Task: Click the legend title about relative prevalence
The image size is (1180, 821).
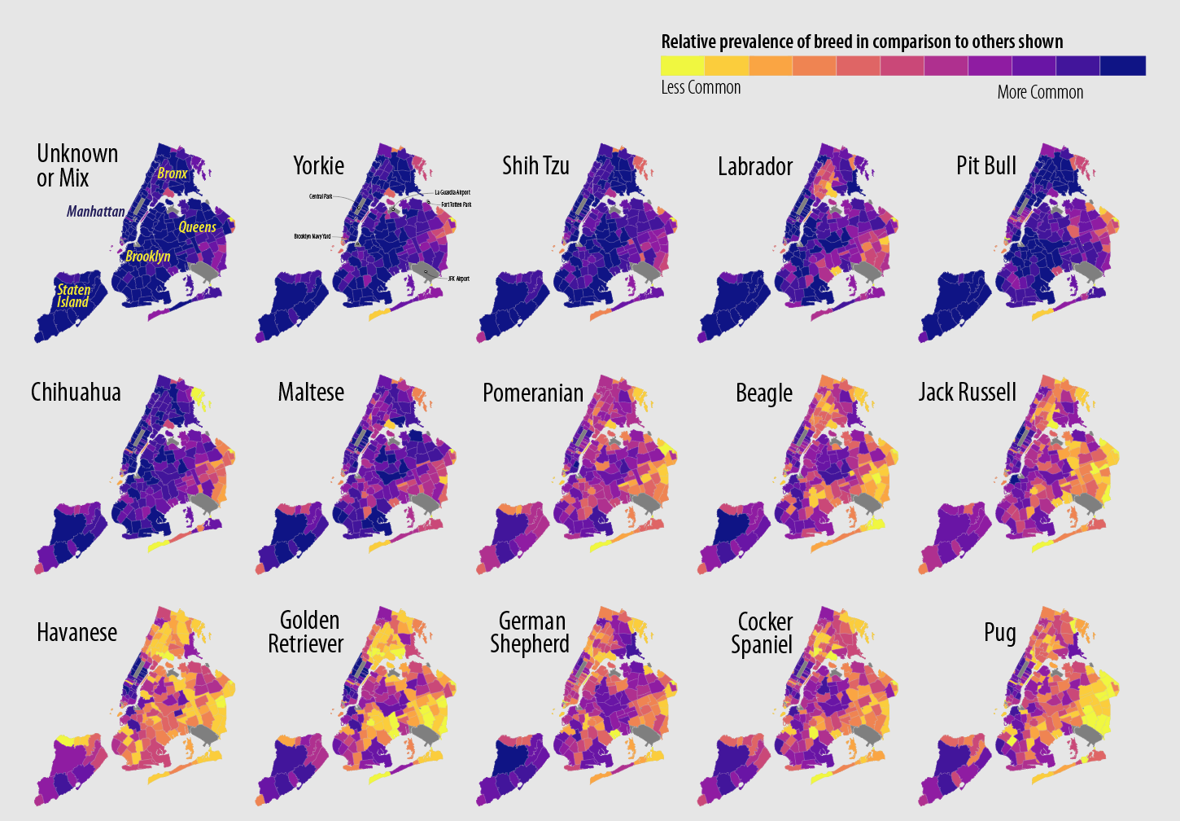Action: [862, 42]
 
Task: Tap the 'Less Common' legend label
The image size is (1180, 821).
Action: [701, 87]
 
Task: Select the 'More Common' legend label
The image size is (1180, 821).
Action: [1040, 92]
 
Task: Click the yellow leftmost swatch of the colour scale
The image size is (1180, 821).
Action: [682, 66]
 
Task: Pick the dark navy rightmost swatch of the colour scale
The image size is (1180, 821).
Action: [1123, 66]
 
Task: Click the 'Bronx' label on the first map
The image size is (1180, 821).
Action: [173, 173]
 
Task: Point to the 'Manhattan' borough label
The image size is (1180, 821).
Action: [96, 212]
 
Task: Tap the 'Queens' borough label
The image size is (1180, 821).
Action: [198, 227]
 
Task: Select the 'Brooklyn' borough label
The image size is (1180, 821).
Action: [148, 257]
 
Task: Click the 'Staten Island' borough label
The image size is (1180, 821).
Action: [73, 296]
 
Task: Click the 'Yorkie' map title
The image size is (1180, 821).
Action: [318, 166]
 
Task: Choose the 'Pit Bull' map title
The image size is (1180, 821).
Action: [986, 166]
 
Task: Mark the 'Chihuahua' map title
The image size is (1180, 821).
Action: [76, 393]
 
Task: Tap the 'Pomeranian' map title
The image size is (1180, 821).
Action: [533, 393]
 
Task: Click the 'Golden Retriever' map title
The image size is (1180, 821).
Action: [306, 632]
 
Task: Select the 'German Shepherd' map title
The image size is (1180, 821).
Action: [530, 633]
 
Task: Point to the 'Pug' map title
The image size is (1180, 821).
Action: [1000, 633]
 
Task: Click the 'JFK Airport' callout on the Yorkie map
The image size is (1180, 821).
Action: [458, 279]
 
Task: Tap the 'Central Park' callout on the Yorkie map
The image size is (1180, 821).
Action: [321, 196]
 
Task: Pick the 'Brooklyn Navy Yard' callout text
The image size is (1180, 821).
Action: [312, 236]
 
